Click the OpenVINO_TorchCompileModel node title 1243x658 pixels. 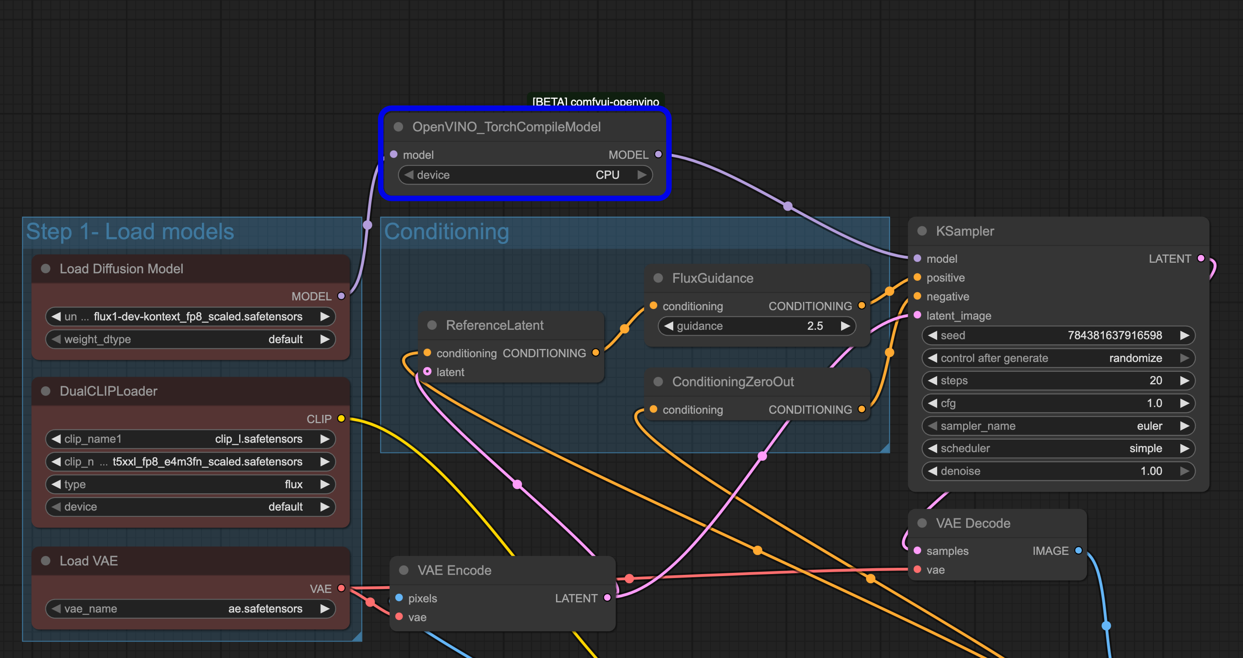pyautogui.click(x=506, y=127)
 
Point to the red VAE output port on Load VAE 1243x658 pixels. pyautogui.click(x=341, y=588)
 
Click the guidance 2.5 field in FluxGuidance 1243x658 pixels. pyautogui.click(x=757, y=326)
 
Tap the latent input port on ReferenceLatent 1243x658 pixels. pyautogui.click(x=427, y=372)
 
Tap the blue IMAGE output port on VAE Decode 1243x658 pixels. pyautogui.click(x=1079, y=550)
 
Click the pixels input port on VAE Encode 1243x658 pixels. pyautogui.click(x=399, y=598)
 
